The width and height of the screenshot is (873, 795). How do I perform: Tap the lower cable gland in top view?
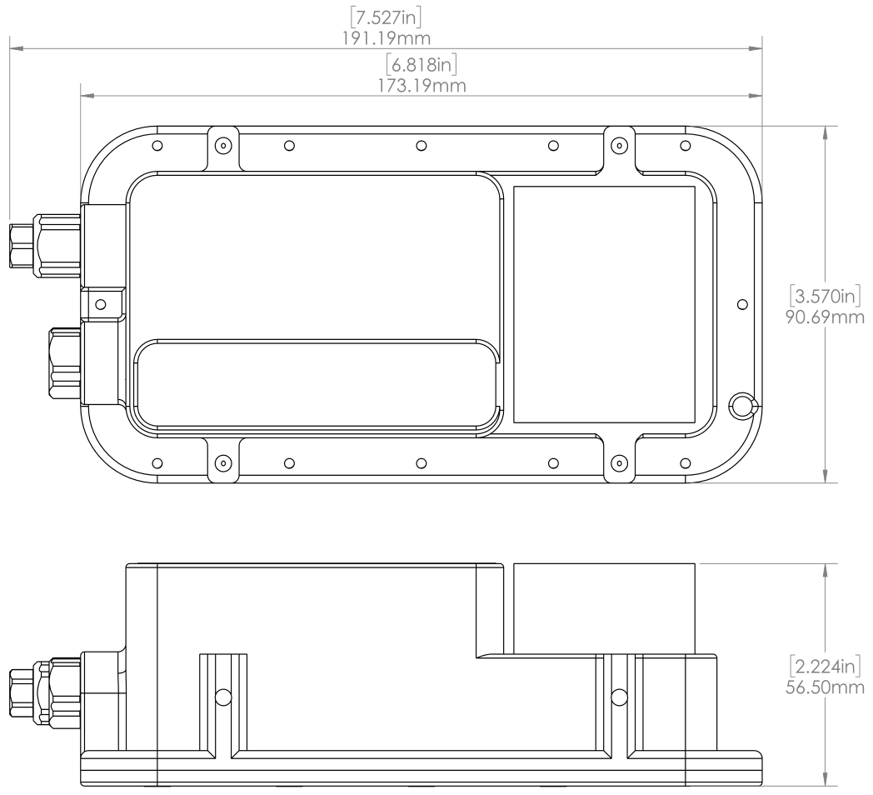click(65, 365)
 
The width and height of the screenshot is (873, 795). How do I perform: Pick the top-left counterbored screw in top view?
click(221, 145)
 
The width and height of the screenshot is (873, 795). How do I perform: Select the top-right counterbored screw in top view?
click(618, 145)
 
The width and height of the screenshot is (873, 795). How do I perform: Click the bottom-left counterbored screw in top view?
click(221, 462)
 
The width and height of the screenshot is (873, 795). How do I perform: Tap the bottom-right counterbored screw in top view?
click(618, 462)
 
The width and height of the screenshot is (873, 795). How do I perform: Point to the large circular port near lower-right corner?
click(740, 406)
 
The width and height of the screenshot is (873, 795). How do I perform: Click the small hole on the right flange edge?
click(741, 305)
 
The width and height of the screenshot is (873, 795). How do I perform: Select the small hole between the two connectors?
click(102, 305)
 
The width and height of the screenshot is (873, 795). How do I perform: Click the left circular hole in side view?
click(222, 697)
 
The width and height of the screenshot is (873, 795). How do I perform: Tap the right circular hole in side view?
click(618, 697)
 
